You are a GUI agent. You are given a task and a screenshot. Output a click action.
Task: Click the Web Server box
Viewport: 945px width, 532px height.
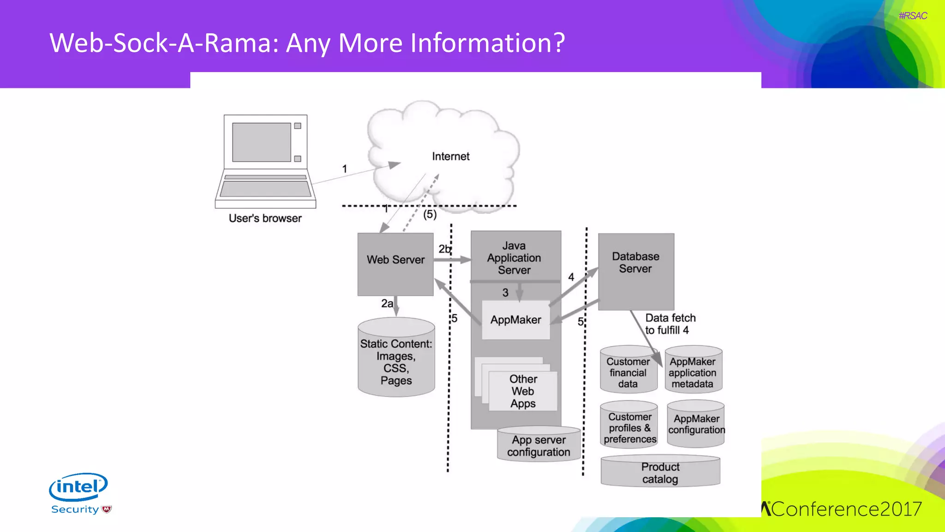point(395,264)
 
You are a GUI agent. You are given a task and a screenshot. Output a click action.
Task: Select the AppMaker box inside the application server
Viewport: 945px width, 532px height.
point(515,320)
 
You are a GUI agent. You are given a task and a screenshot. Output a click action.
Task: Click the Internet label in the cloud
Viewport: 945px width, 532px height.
point(450,157)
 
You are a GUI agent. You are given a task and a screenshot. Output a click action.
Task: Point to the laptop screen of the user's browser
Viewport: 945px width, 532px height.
point(262,142)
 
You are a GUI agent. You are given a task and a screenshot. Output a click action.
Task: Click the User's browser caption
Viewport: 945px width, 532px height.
point(265,218)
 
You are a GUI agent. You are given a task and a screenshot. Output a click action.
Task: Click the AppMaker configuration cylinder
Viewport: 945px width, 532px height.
point(696,424)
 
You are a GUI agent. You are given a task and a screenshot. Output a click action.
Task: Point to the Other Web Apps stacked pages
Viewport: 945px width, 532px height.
point(523,391)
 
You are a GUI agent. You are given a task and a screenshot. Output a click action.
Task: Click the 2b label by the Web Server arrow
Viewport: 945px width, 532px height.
point(444,249)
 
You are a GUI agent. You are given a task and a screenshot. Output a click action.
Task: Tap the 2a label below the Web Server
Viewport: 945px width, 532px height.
point(387,303)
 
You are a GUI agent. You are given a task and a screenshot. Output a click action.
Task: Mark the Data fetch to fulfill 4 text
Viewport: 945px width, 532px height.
point(670,324)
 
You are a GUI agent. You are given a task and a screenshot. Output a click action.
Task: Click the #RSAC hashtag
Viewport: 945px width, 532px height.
point(912,16)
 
